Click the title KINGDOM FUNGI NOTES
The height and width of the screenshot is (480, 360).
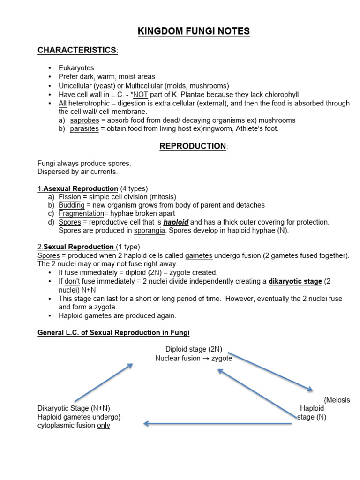194,31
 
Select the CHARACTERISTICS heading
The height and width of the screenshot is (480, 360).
77,50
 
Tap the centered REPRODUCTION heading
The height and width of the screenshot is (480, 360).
193,146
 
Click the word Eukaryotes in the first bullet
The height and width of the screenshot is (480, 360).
76,68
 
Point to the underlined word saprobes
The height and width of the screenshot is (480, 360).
84,120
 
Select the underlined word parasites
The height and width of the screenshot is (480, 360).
84,128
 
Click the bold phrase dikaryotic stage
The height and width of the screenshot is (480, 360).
295,281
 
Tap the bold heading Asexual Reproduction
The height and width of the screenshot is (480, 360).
81,188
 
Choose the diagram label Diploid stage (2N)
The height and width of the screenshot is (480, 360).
194,349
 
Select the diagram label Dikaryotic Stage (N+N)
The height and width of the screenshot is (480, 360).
74,408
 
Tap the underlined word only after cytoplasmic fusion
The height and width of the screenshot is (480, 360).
104,425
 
